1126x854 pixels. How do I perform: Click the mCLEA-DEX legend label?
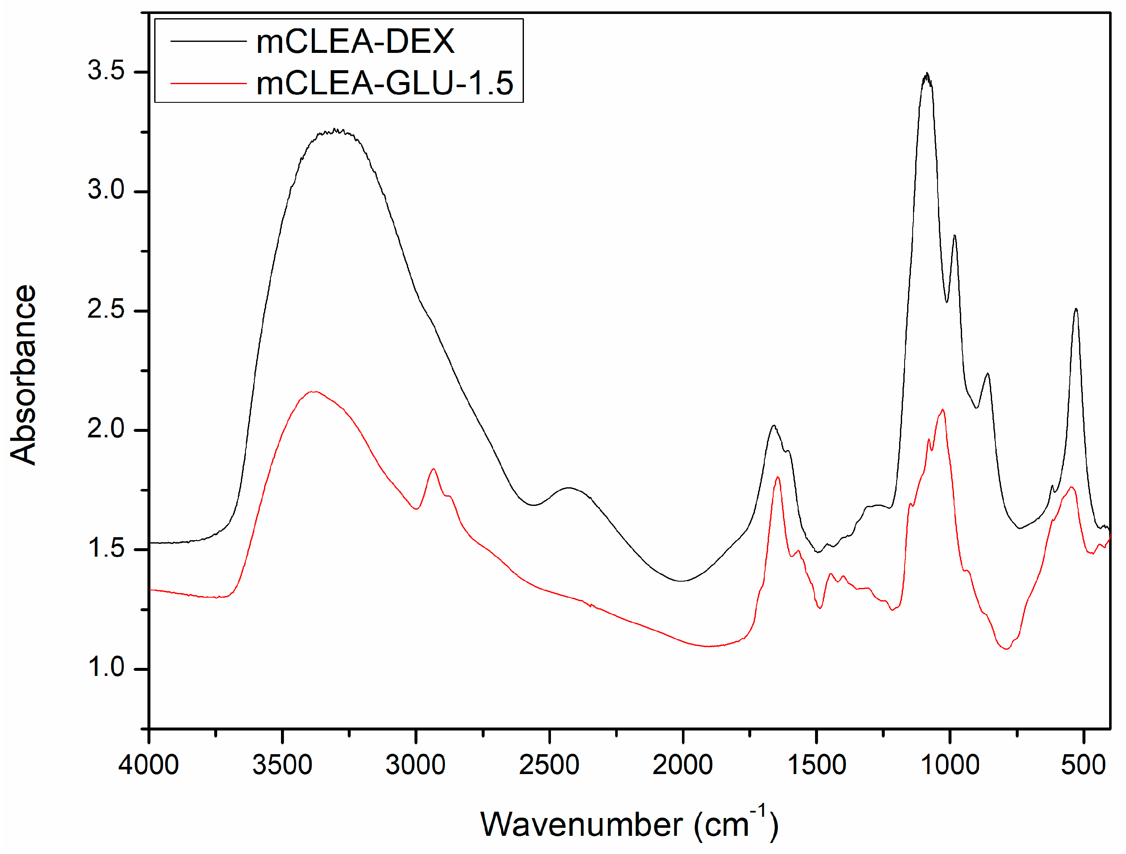pyautogui.click(x=355, y=41)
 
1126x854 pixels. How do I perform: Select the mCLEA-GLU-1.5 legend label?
pyautogui.click(x=384, y=83)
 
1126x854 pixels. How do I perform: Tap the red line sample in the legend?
pyautogui.click(x=208, y=83)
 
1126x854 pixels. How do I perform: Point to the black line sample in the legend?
pyautogui.click(x=208, y=41)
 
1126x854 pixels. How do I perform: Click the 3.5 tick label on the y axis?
pyautogui.click(x=106, y=70)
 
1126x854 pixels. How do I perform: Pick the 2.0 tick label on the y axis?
pyautogui.click(x=106, y=428)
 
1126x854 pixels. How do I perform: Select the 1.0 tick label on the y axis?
pyautogui.click(x=106, y=667)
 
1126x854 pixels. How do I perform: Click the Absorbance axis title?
pyautogui.click(x=23, y=374)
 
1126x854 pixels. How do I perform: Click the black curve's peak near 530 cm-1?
pyautogui.click(x=1076, y=309)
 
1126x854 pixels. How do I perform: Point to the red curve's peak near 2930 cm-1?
pyautogui.click(x=433, y=469)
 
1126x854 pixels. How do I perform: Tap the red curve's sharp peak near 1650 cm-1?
pyautogui.click(x=777, y=477)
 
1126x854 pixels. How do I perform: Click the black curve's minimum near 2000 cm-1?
pyautogui.click(x=682, y=581)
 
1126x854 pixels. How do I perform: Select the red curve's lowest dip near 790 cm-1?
pyautogui.click(x=1006, y=649)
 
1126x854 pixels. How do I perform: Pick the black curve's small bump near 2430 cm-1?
pyautogui.click(x=569, y=488)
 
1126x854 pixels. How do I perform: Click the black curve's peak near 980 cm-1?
pyautogui.click(x=954, y=236)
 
